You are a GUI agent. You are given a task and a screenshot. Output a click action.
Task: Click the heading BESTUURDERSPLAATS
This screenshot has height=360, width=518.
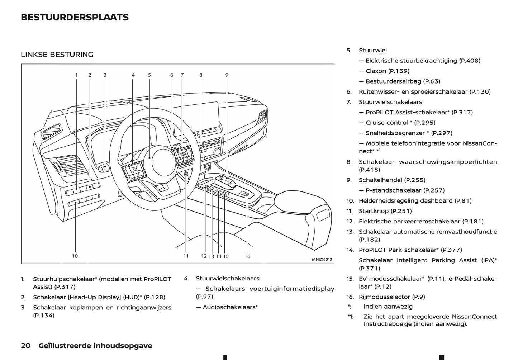coord(75,18)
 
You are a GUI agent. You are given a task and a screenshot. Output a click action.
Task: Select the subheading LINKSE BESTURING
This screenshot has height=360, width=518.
coord(57,55)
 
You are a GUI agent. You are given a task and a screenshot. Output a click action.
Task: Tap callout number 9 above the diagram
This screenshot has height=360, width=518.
coord(227,75)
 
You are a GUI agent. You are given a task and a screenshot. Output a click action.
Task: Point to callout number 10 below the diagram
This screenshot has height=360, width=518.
coord(75,256)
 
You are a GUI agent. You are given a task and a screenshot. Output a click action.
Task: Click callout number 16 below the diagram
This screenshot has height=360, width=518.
coord(247,256)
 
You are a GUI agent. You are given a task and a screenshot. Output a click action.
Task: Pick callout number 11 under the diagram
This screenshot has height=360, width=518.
coord(186,256)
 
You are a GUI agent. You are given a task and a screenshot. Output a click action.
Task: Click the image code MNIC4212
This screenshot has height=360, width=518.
coord(322,260)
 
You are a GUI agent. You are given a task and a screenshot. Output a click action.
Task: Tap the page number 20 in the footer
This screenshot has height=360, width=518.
coord(25,346)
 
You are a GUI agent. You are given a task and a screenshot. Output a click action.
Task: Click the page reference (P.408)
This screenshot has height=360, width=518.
coord(470,61)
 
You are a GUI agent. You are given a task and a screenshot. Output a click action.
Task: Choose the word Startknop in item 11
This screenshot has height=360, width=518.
coord(374,211)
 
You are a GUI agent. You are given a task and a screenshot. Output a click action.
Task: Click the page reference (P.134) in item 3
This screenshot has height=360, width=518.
coord(44,316)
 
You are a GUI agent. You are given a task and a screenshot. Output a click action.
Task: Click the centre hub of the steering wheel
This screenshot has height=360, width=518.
coord(163,161)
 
